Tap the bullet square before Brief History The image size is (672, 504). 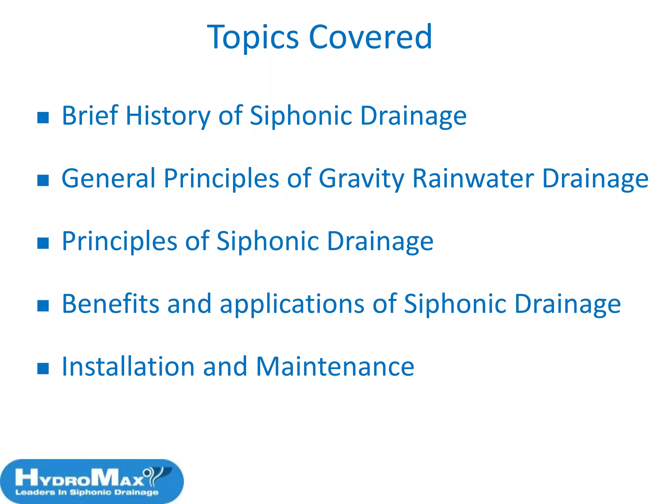tap(43, 117)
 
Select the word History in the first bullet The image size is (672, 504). tap(168, 116)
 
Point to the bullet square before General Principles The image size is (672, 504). tap(43, 180)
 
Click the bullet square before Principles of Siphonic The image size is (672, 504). tap(43, 243)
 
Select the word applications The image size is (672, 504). tap(292, 304)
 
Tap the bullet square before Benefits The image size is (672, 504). tap(43, 306)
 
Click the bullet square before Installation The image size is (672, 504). tap(43, 368)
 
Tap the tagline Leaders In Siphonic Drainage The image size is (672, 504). tap(87, 492)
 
